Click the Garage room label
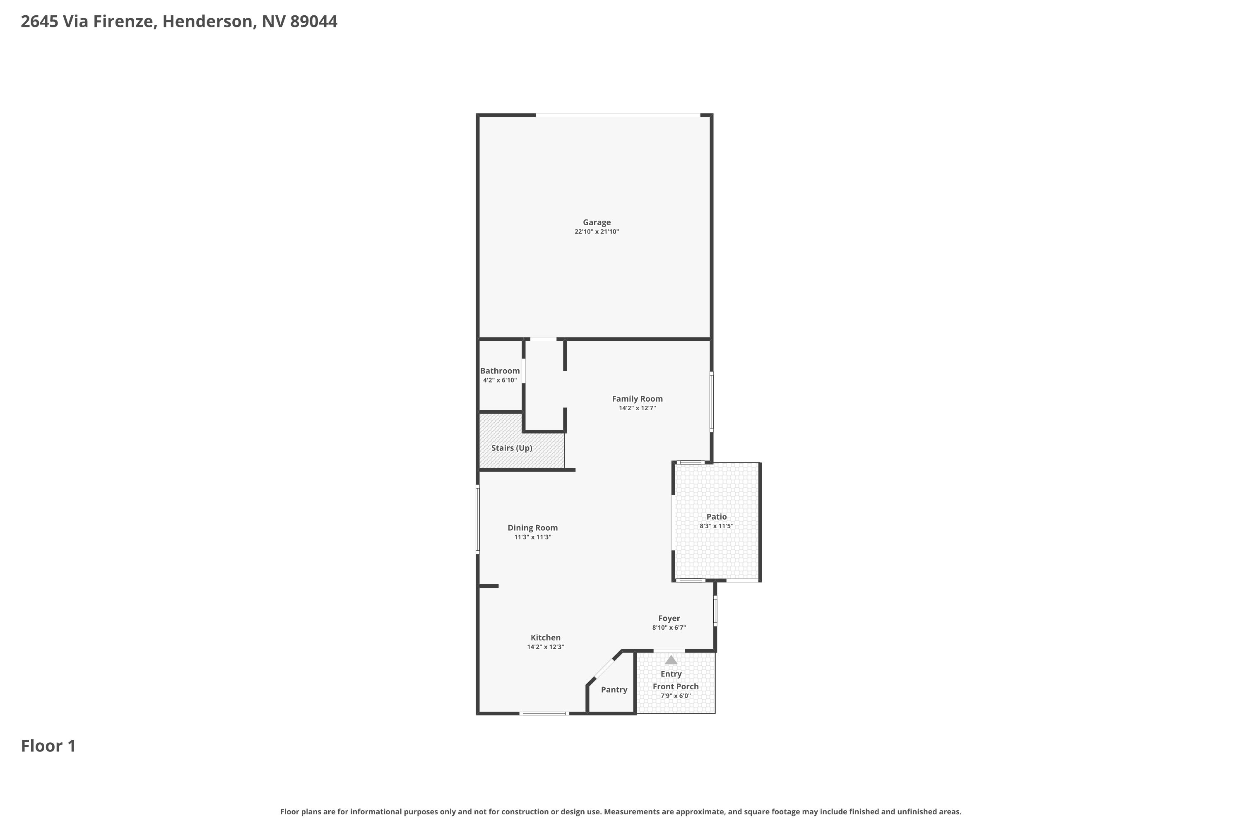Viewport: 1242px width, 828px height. coord(597,222)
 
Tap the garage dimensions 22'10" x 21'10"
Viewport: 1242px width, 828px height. coord(597,232)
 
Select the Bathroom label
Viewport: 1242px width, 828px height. coord(500,371)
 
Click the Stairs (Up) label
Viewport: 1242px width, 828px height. coord(512,448)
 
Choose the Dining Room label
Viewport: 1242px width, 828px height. coord(533,527)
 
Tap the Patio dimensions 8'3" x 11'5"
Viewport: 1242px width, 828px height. coord(717,526)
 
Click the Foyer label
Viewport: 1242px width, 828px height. coord(669,619)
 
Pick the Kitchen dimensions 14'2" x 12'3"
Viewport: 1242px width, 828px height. coord(546,647)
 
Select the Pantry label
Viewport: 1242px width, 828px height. coord(614,690)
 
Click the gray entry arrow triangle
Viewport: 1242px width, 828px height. coord(671,660)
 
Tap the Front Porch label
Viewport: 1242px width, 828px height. coord(675,686)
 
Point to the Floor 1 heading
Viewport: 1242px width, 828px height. coord(48,746)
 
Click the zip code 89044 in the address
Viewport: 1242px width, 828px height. coord(314,22)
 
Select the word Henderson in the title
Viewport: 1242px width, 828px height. coord(207,22)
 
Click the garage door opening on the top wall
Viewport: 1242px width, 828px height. coord(618,115)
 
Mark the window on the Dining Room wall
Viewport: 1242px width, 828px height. coord(478,520)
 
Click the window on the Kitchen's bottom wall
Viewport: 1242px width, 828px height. coord(544,713)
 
